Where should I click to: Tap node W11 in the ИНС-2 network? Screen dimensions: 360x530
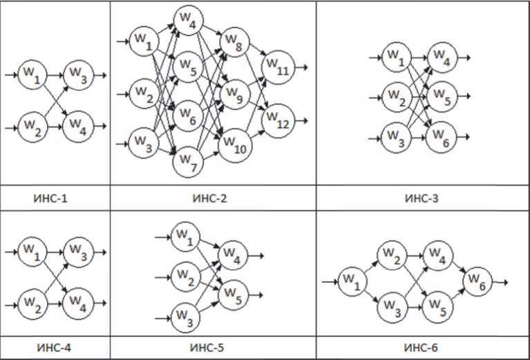pyautogui.click(x=278, y=68)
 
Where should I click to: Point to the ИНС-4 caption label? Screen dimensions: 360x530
pyautogui.click(x=55, y=348)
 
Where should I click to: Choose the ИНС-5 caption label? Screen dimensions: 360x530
pyautogui.click(x=212, y=348)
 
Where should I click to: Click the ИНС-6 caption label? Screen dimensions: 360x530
pyautogui.click(x=422, y=348)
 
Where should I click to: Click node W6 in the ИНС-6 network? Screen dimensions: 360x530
pyautogui.click(x=477, y=281)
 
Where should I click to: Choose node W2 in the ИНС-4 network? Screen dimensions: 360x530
pyautogui.click(x=30, y=301)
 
